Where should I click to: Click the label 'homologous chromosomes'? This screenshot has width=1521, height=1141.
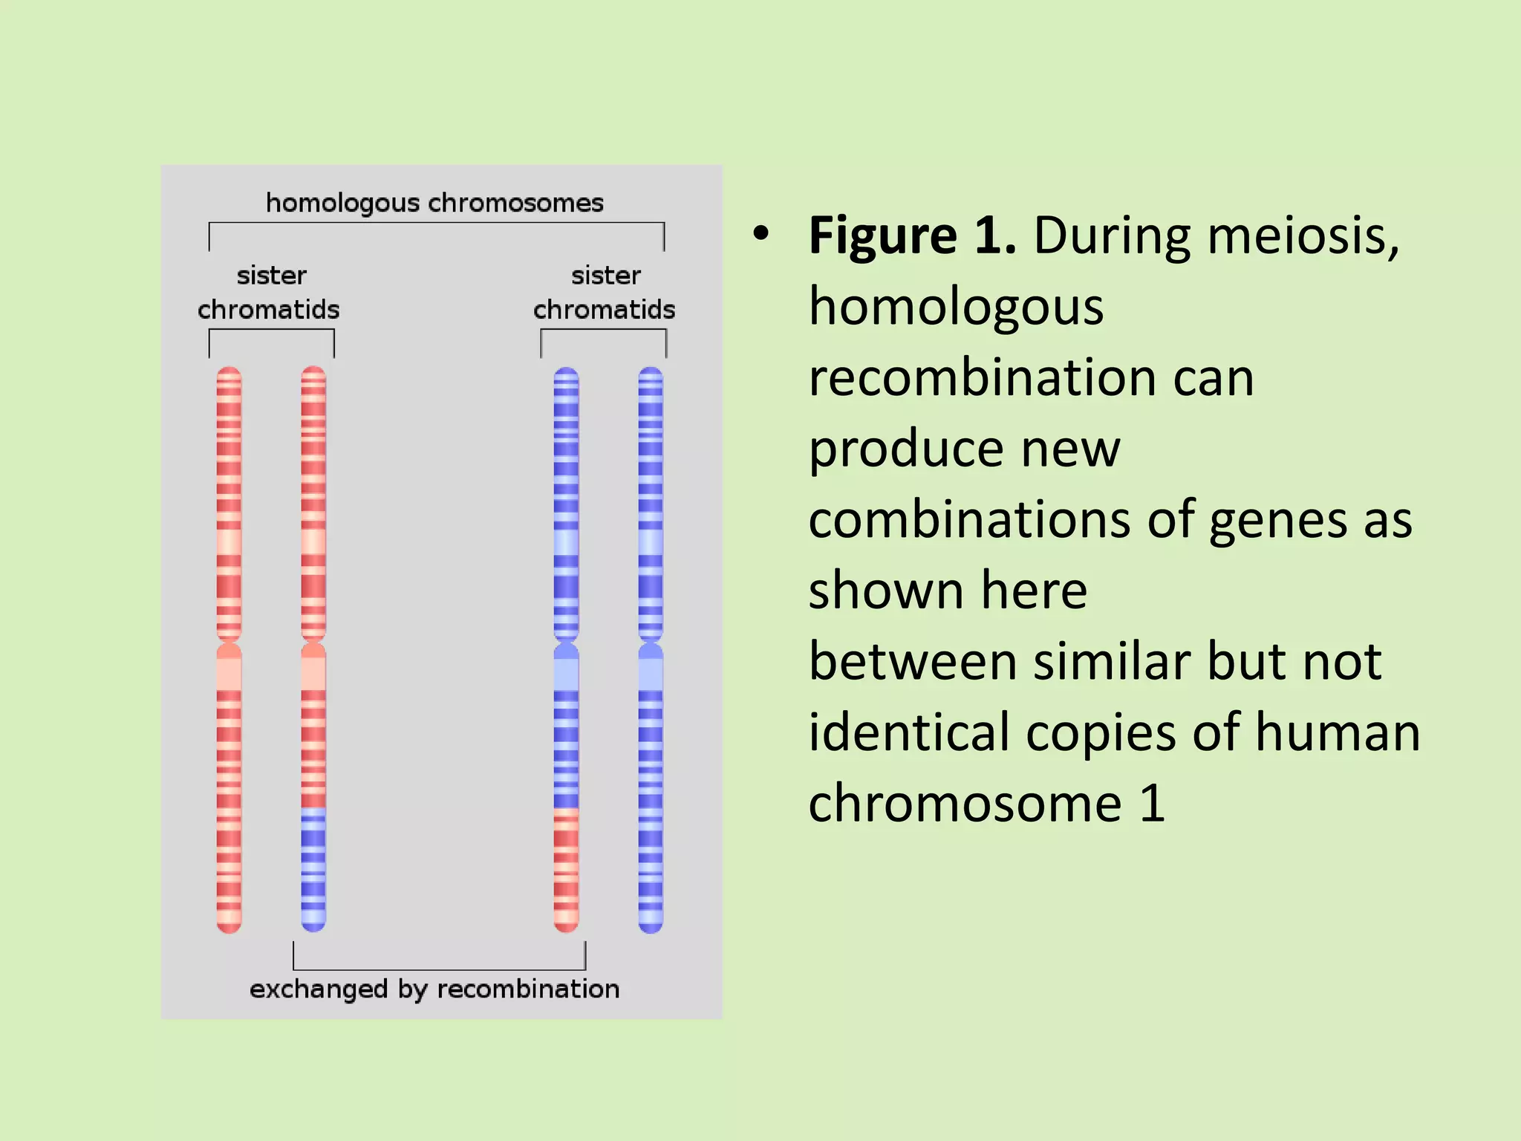click(x=434, y=203)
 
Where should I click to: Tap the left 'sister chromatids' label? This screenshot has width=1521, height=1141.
click(x=269, y=293)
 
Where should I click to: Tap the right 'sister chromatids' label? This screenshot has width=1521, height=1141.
click(x=605, y=293)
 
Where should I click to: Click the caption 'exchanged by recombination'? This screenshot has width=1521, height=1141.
click(x=434, y=989)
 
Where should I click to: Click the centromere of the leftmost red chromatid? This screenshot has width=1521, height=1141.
click(x=229, y=643)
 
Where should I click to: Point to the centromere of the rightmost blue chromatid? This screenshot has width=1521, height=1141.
click(x=651, y=643)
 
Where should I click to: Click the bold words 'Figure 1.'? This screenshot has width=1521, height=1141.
click(x=912, y=236)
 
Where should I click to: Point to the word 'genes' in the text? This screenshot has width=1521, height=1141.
click(x=1277, y=520)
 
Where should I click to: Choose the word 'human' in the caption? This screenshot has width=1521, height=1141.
click(x=1338, y=732)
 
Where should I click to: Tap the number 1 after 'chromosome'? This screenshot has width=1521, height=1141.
click(x=1153, y=804)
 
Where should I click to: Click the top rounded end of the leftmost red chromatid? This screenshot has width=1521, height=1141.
click(x=229, y=372)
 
